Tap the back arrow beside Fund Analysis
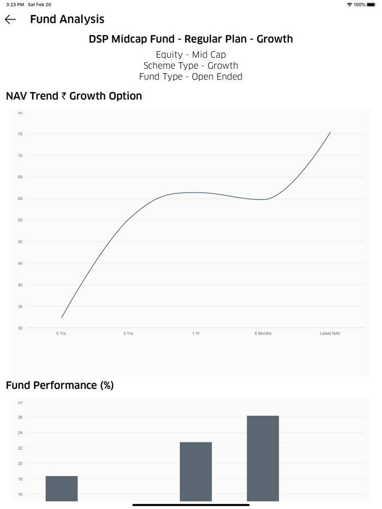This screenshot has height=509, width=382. click(x=10, y=20)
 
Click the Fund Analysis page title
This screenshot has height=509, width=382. click(x=67, y=20)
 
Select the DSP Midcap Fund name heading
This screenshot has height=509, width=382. click(x=191, y=39)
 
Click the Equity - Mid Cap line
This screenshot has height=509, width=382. click(x=191, y=54)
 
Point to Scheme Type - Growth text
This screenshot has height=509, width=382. click(x=191, y=65)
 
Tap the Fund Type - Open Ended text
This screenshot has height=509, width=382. click(x=191, y=76)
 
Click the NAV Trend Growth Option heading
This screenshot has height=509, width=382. click(x=74, y=96)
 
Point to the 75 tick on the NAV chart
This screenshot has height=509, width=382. click(x=20, y=134)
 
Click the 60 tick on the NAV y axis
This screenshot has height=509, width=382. click(x=20, y=199)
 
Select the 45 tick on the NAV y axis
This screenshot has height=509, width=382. click(x=20, y=263)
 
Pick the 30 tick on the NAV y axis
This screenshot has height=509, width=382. click(x=20, y=328)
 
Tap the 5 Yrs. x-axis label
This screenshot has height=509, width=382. click(x=62, y=334)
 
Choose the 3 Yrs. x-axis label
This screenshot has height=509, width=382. click(x=129, y=334)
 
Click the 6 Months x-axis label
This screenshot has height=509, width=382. click(x=263, y=334)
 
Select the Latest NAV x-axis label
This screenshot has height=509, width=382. click(x=330, y=334)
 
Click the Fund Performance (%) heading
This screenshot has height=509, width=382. click(x=59, y=385)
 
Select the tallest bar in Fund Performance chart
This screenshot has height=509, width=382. click(x=262, y=458)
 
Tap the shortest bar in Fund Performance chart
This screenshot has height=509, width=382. click(x=62, y=488)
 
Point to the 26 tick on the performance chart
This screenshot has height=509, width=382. click(x=20, y=417)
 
